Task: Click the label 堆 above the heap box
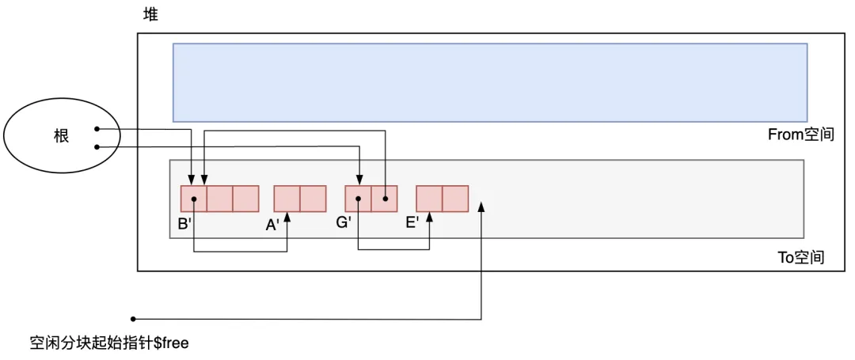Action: [150, 15]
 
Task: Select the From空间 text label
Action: [801, 135]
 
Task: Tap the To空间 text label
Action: [801, 258]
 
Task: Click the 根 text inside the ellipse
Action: [61, 136]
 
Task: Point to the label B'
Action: [184, 224]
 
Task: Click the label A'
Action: [272, 225]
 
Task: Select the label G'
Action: [344, 223]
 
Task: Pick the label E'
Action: [412, 223]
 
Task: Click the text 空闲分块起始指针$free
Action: [108, 343]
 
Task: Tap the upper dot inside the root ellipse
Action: [97, 129]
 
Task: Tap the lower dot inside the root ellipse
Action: [97, 146]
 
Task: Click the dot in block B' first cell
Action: [194, 199]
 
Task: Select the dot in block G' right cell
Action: [384, 199]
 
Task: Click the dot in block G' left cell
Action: [358, 199]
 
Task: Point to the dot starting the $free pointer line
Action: [133, 319]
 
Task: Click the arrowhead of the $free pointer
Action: [482, 207]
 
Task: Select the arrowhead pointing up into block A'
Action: [287, 218]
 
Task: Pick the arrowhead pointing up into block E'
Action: [429, 218]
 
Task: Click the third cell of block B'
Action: [245, 199]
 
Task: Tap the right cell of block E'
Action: [455, 199]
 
